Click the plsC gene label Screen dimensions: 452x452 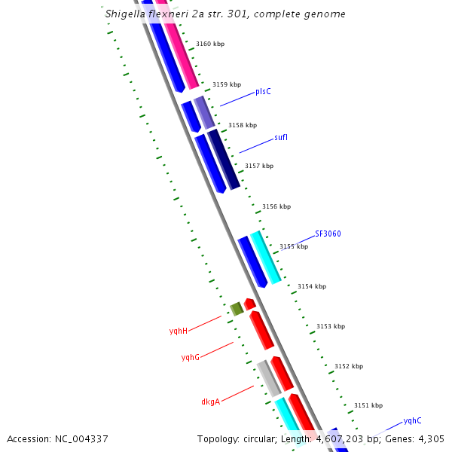[263, 91]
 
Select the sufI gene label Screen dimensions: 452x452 [281, 138]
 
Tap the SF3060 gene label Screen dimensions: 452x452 [328, 234]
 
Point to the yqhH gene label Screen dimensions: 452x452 [179, 331]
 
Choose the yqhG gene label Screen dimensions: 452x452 [191, 357]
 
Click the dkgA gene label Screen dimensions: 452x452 [210, 402]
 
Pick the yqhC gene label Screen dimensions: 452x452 [412, 420]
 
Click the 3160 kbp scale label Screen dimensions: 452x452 [210, 44]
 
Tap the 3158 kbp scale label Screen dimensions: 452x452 [243, 125]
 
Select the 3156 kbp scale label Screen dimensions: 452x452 [276, 206]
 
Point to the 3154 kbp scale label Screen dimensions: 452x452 [312, 286]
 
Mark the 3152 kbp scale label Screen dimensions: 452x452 [348, 366]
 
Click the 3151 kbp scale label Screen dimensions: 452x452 [368, 405]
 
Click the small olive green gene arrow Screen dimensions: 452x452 [237, 308]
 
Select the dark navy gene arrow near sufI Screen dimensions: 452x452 [224, 159]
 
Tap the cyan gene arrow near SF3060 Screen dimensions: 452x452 [266, 257]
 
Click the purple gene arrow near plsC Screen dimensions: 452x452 [204, 112]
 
